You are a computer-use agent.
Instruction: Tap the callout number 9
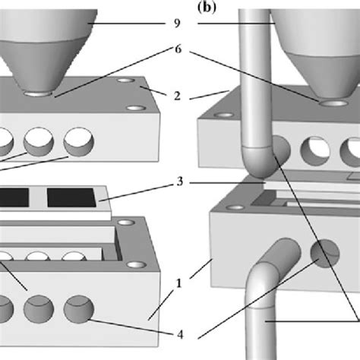tap(178, 24)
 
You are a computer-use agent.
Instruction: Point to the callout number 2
tap(178, 97)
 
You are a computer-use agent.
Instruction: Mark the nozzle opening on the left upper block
tap(38, 95)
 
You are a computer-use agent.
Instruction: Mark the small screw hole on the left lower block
tap(137, 265)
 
